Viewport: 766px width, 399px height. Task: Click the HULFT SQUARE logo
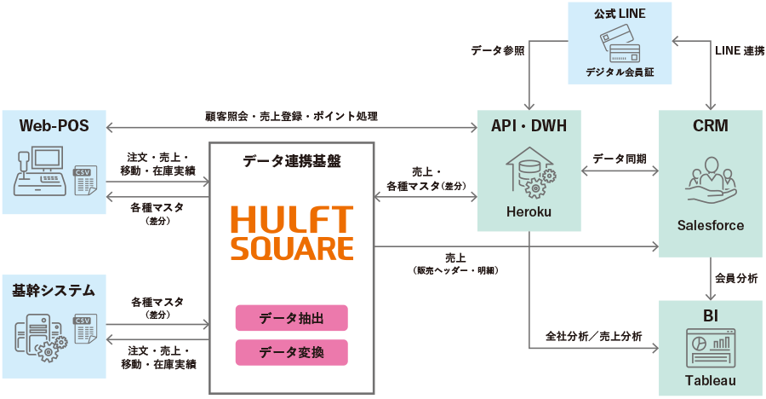point(291,233)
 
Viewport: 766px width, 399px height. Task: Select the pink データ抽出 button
point(291,318)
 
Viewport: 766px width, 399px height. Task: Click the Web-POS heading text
point(54,126)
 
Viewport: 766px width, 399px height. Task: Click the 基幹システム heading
point(54,291)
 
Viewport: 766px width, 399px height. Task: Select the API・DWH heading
point(529,126)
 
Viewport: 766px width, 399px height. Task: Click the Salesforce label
point(710,225)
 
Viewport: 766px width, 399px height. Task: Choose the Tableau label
point(710,380)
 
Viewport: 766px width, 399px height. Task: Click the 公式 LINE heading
point(619,14)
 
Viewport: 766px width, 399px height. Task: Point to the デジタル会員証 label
point(619,72)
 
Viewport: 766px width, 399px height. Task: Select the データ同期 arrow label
point(619,159)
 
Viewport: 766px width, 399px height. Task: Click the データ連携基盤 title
point(291,161)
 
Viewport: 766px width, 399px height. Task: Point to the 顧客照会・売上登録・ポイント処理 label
point(291,115)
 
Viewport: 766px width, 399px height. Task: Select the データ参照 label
point(497,51)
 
